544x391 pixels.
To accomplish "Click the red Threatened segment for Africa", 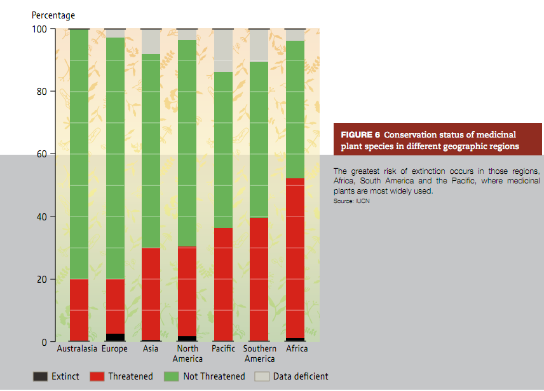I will pos(296,258).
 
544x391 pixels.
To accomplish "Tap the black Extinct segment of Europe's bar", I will pos(115,338).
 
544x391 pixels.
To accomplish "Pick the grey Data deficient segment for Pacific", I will pos(223,50).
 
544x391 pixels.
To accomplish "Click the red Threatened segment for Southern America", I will pos(259,279).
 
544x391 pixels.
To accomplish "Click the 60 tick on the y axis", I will pos(43,154).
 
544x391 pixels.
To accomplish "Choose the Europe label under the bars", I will pos(115,349).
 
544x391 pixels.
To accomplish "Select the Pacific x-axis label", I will pos(223,349).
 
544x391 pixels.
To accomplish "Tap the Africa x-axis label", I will pos(296,349).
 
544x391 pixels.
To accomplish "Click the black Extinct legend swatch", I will pos(40,376).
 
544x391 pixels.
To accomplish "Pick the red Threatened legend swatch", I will pos(97,376).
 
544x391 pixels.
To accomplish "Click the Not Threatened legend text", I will pos(214,376).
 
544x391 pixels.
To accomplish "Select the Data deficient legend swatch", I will pos(262,376).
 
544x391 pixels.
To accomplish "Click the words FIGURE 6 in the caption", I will pos(360,135).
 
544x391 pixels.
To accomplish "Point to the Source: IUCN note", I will pos(351,201).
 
